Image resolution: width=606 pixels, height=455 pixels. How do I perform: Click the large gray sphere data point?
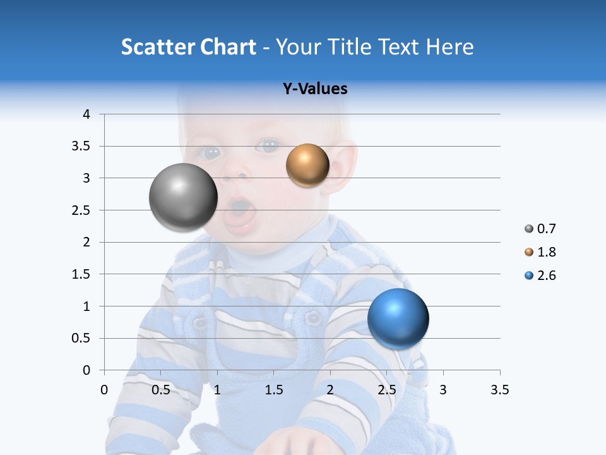pos(183,197)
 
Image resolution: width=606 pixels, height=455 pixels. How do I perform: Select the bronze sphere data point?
pos(307,166)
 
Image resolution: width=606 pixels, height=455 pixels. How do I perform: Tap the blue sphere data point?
pos(398,318)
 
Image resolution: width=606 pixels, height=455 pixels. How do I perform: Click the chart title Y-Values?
pos(315,89)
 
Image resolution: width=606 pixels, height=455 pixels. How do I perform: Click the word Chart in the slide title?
pos(228,47)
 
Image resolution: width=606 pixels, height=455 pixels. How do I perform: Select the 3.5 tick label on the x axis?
pos(499,390)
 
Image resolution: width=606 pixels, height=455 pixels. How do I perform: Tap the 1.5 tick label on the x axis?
pos(273,390)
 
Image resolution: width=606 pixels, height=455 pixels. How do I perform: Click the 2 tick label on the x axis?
pos(330,390)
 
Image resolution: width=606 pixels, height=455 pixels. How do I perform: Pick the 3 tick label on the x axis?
pos(443,390)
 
